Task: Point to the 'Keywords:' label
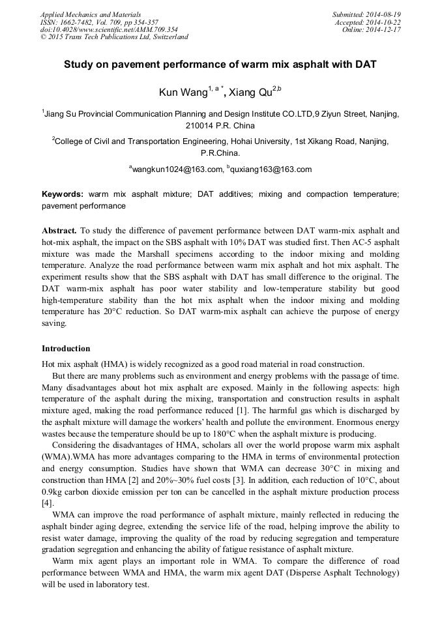click(63, 194)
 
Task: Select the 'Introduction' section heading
click(66, 349)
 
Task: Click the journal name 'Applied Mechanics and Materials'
click(90, 14)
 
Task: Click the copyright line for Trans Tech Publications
click(114, 37)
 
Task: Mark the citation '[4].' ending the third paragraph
click(48, 503)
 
